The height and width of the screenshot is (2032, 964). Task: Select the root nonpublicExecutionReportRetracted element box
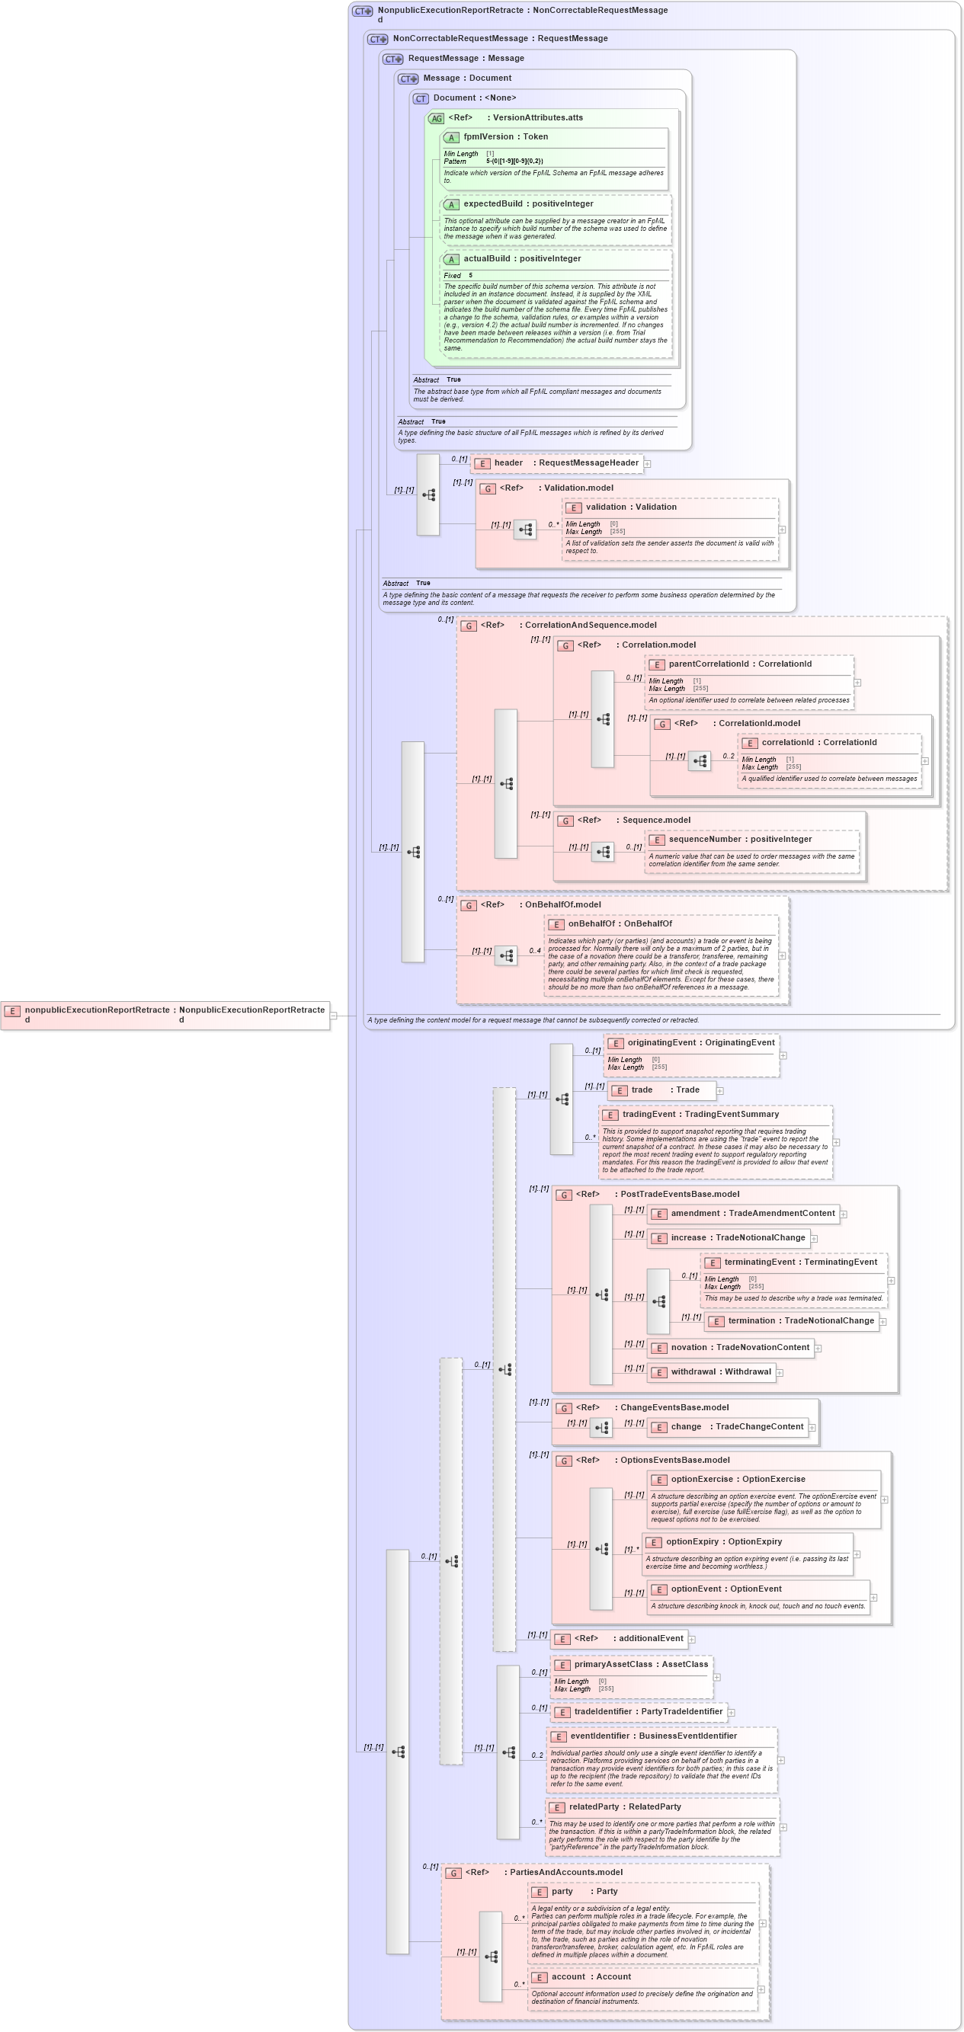pos(165,1015)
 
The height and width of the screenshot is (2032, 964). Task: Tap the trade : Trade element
pos(665,1090)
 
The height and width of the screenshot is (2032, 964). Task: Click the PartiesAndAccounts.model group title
pos(565,1872)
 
